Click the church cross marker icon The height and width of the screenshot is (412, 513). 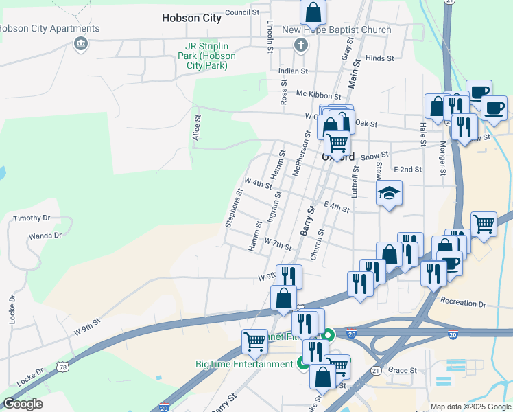pos(300,45)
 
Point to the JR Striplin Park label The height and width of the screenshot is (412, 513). pos(206,56)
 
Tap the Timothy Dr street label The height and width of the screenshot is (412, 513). pos(32,218)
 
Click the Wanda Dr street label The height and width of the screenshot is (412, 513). pos(45,236)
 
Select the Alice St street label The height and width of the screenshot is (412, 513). pos(197,128)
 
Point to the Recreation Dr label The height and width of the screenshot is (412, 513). pos(463,302)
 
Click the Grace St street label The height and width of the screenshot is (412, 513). pos(403,370)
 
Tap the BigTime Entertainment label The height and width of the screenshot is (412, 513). pos(244,364)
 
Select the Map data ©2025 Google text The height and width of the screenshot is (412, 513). pos(470,407)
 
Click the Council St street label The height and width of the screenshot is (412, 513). pos(241,12)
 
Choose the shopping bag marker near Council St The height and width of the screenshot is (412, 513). pos(313,12)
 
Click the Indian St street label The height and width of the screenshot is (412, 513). pos(293,71)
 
